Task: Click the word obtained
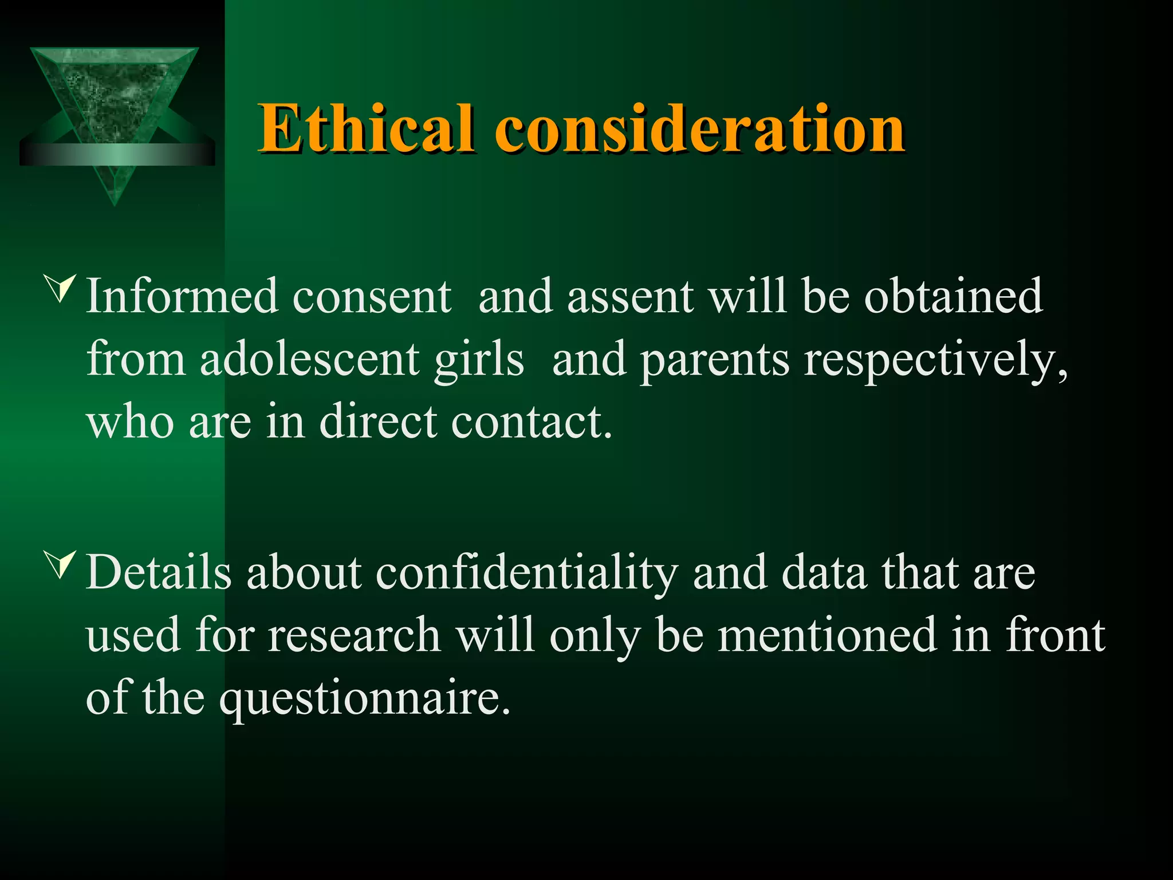click(953, 296)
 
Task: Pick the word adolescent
click(309, 359)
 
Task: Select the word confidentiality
click(526, 573)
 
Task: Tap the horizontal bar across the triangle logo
click(117, 154)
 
